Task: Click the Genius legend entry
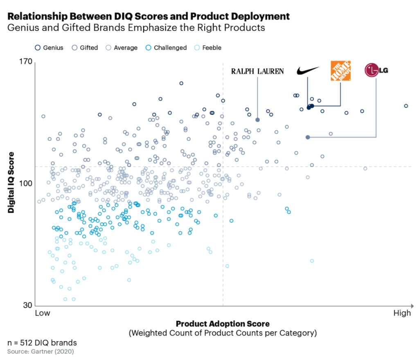[x=49, y=48]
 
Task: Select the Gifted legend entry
[x=85, y=48]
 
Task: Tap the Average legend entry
[x=122, y=48]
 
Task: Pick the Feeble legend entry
[x=208, y=48]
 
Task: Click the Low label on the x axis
[x=43, y=313]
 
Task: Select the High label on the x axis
[x=402, y=313]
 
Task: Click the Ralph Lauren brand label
[x=257, y=71]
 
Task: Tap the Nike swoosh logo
[x=307, y=71]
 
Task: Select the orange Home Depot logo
[x=340, y=71]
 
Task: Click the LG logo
[x=376, y=70]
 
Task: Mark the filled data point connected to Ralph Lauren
[x=257, y=120]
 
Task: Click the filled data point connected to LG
[x=308, y=137]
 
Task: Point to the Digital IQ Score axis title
[x=11, y=183]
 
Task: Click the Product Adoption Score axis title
[x=223, y=324]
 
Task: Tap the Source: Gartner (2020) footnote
[x=40, y=351]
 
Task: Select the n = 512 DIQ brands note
[x=42, y=342]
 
